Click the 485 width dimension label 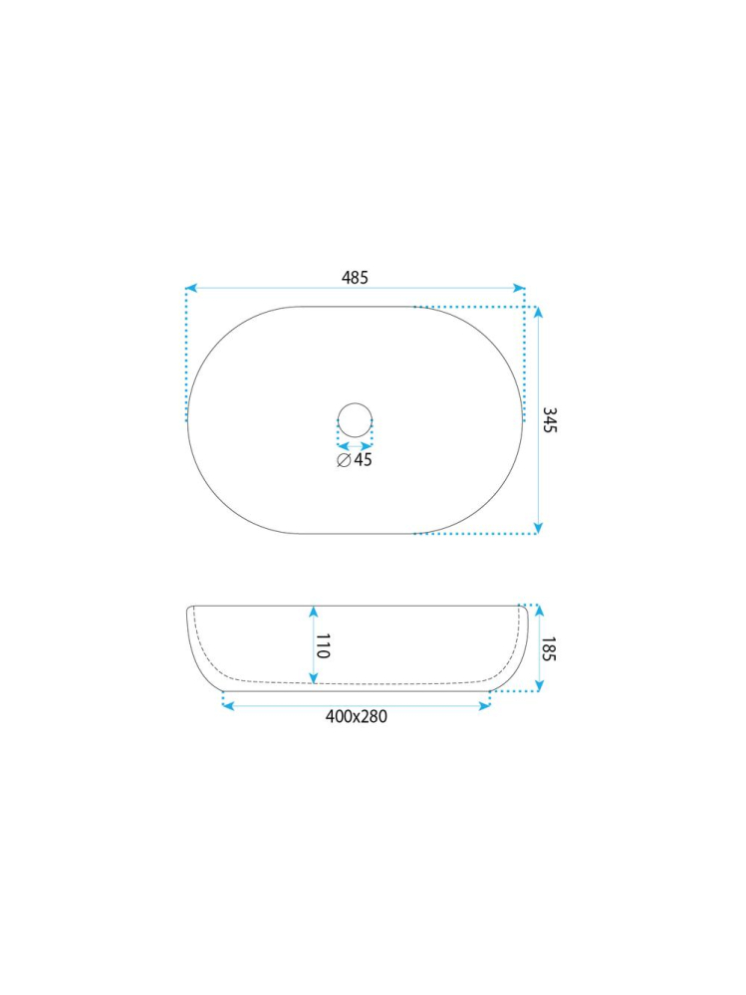pos(355,277)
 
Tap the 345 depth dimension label pos(550,420)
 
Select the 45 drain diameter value pos(363,459)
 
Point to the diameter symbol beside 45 pos(344,460)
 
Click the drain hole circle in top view pos(355,403)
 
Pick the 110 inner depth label pos(323,645)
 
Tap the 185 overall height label pos(550,648)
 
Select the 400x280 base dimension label pos(356,716)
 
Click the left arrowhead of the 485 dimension pos(191,288)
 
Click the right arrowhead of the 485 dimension pos(519,288)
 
